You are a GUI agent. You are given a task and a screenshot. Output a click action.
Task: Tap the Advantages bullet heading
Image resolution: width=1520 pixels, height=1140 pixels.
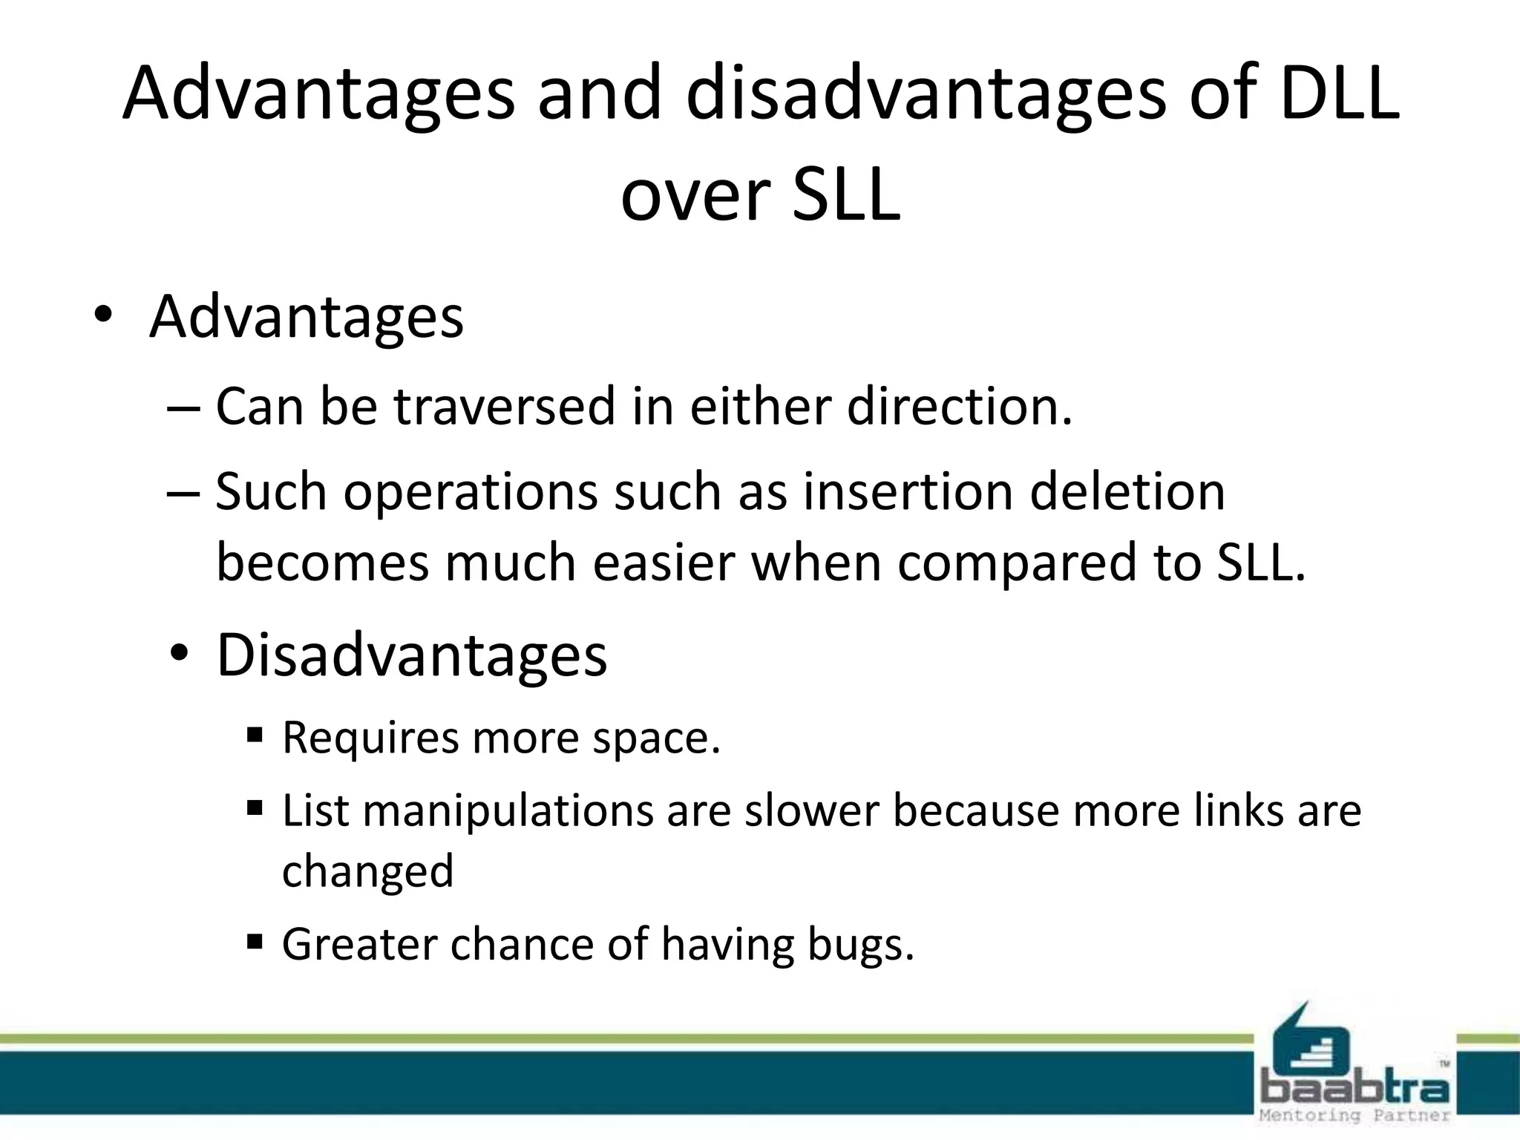pyautogui.click(x=306, y=317)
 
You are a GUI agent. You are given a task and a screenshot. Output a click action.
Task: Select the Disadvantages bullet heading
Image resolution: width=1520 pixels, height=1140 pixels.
pyautogui.click(x=411, y=655)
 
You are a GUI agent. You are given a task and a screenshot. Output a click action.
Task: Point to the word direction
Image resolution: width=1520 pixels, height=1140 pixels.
pyautogui.click(x=959, y=407)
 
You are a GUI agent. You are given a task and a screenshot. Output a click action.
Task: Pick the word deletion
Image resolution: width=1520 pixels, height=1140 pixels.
pyautogui.click(x=1127, y=492)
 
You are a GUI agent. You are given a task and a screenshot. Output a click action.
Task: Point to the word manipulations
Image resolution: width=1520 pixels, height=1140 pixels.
pyautogui.click(x=508, y=811)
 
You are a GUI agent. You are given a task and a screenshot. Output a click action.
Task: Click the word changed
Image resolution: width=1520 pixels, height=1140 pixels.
pyautogui.click(x=367, y=871)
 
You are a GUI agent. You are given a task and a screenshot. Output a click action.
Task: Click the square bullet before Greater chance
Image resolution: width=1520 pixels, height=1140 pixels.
pyautogui.click(x=255, y=943)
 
